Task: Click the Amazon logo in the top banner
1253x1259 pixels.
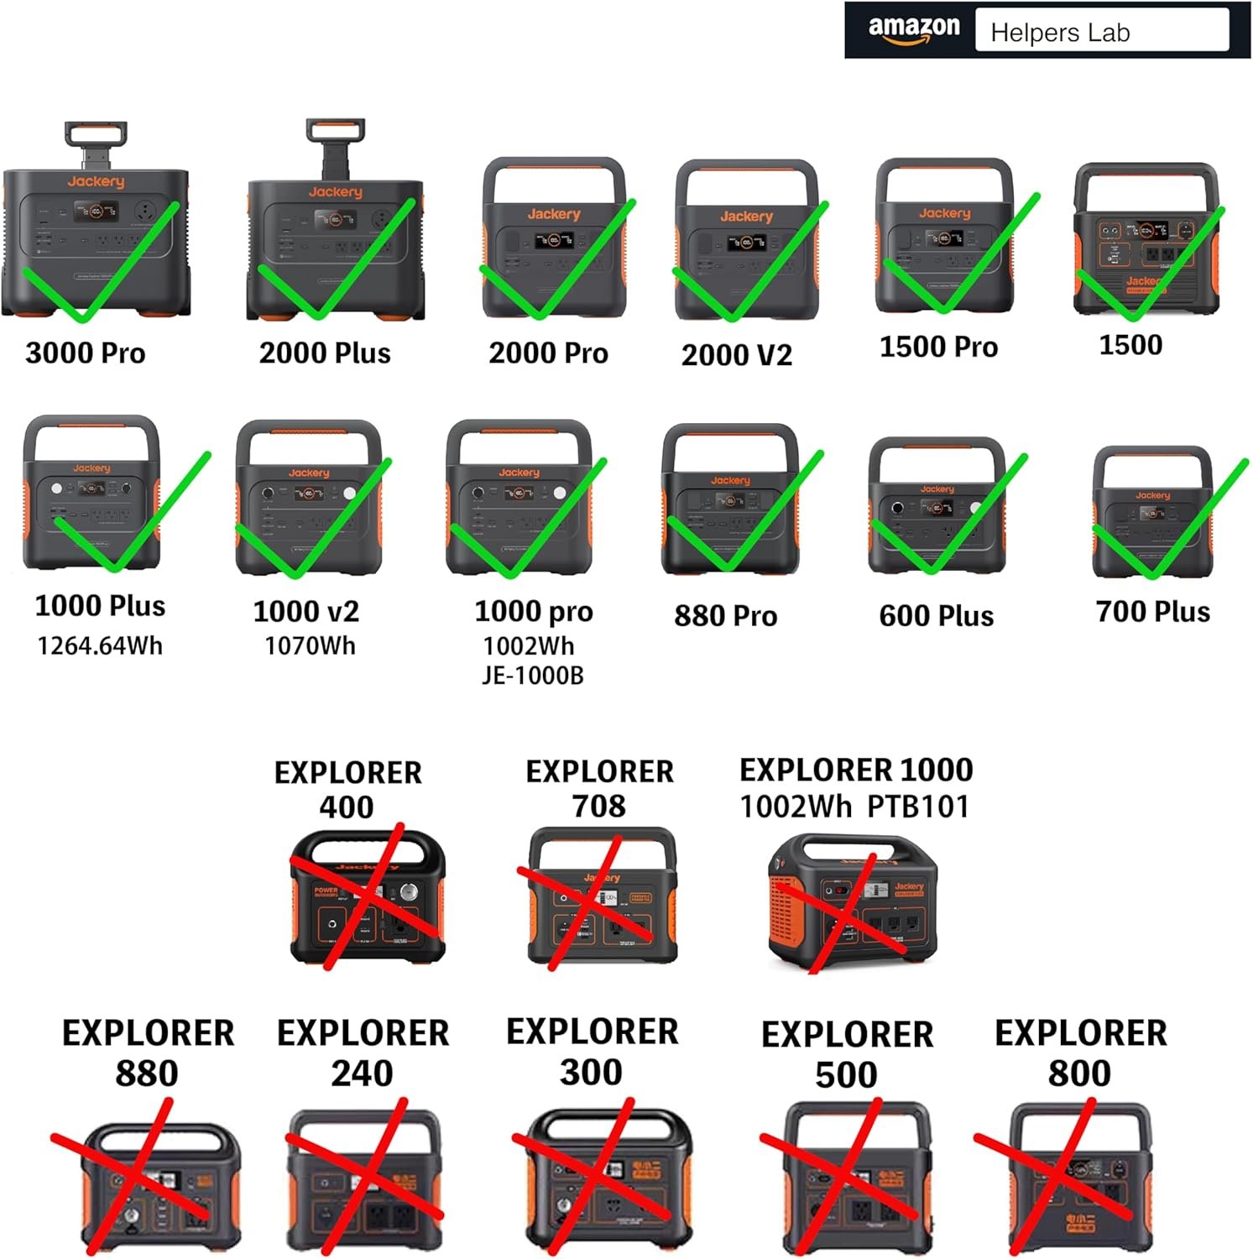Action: (x=913, y=30)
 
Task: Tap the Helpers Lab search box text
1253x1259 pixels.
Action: (x=1060, y=33)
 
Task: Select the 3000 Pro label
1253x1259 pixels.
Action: (x=86, y=353)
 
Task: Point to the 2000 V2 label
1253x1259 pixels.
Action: (x=736, y=355)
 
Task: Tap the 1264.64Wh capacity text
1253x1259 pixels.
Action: (x=100, y=645)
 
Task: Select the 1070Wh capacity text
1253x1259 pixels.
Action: (x=310, y=645)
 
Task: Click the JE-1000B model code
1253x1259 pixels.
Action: (x=532, y=676)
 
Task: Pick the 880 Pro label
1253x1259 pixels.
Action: (x=725, y=615)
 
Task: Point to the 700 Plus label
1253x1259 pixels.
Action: (x=1152, y=611)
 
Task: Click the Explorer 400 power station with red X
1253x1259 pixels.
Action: (x=367, y=896)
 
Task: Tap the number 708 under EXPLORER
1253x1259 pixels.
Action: (x=598, y=806)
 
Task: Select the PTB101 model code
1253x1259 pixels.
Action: (x=917, y=807)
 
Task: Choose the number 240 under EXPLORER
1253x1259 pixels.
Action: (x=362, y=1073)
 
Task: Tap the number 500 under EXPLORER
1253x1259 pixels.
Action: (x=846, y=1074)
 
